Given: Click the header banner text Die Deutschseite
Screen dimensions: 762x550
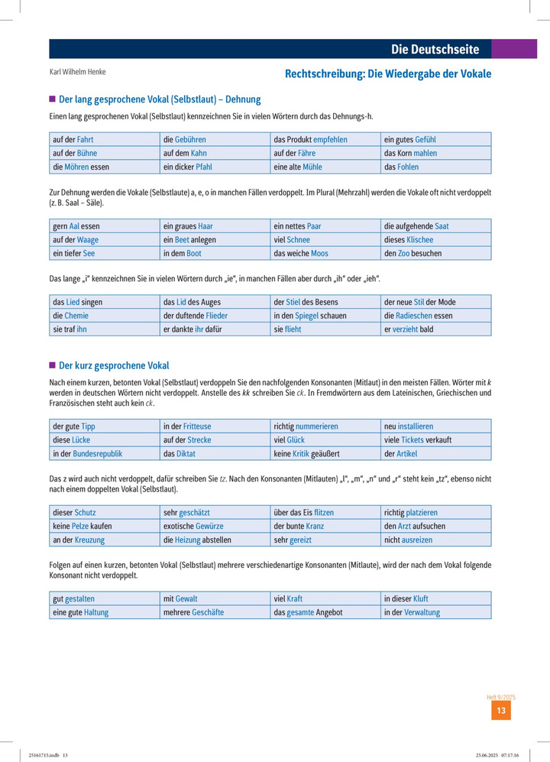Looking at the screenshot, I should click(x=435, y=50).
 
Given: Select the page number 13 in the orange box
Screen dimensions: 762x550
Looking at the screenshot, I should click(x=501, y=711).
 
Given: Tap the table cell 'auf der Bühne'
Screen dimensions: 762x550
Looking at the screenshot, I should click(x=75, y=153).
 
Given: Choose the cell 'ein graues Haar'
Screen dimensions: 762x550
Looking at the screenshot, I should click(x=188, y=226).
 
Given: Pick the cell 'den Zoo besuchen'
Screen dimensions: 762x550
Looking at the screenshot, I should click(x=412, y=253).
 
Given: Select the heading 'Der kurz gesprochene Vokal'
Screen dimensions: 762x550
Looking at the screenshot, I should click(x=114, y=365).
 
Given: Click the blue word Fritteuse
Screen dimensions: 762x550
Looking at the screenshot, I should click(x=197, y=426).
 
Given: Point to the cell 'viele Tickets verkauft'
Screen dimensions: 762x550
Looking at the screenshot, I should click(x=418, y=440).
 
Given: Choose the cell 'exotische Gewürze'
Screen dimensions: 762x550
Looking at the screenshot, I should click(x=194, y=527).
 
